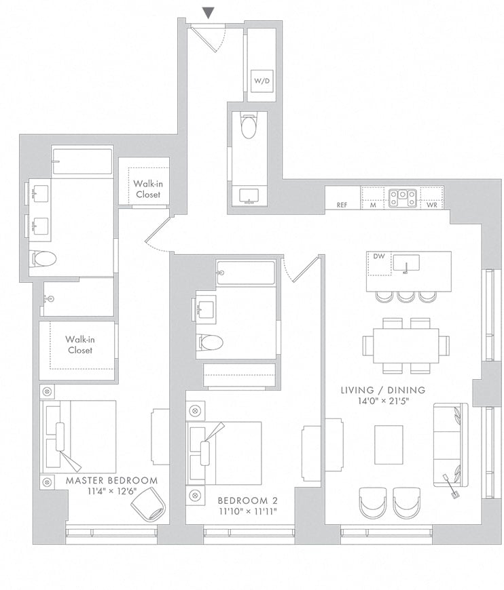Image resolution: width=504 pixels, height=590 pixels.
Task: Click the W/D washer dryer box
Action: point(262,81)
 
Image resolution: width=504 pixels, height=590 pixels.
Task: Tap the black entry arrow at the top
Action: point(208,13)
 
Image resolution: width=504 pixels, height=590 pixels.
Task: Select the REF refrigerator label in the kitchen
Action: point(342,205)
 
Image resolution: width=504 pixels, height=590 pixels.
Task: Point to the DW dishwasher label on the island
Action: point(379,256)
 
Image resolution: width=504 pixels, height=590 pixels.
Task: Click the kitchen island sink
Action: point(406,262)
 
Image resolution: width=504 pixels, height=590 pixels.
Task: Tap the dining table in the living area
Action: point(406,345)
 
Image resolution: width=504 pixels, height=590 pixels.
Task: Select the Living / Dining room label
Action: point(383,390)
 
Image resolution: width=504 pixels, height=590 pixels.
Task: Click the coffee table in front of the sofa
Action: point(389,445)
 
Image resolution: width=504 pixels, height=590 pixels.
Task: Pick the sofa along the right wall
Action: point(451,445)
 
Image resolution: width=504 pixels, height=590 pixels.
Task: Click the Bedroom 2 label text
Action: point(248,501)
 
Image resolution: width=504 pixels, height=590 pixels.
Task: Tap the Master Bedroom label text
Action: point(111,481)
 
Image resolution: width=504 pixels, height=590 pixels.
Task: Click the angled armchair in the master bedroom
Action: point(148,504)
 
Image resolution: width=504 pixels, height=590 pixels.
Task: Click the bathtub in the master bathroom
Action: point(83,161)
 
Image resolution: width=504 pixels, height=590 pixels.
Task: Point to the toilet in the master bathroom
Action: point(43,259)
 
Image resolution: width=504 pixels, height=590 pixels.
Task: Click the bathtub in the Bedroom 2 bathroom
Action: point(246,273)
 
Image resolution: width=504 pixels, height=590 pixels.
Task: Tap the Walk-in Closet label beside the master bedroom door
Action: point(148,189)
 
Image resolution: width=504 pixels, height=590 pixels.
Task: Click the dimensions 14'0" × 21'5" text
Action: point(383,401)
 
